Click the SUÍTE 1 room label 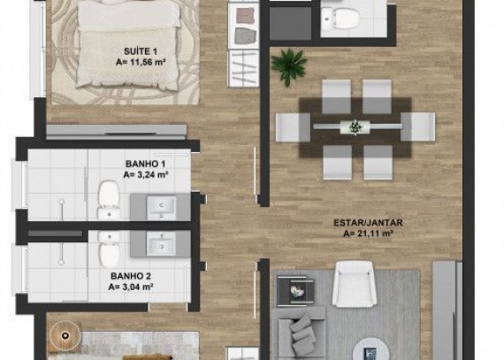[x=141, y=51]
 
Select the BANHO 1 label [x=145, y=164]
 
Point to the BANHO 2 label [x=131, y=276]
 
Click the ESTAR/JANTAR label [x=368, y=223]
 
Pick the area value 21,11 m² [x=368, y=234]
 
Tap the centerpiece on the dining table [x=355, y=126]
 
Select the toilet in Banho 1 [x=109, y=201]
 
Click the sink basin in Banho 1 [x=161, y=207]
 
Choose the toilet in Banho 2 [x=109, y=249]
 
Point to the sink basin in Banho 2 [x=161, y=244]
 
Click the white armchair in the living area [x=355, y=285]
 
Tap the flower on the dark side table [x=297, y=292]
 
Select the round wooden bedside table [x=65, y=336]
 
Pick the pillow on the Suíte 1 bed [x=129, y=14]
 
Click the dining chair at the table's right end [x=418, y=126]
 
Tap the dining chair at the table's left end [x=293, y=127]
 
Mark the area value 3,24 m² [x=146, y=175]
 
